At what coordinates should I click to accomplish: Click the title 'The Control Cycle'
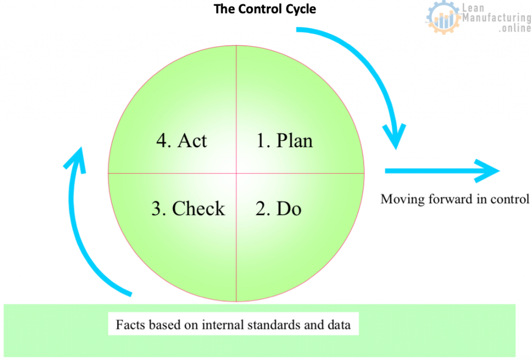[x=265, y=9]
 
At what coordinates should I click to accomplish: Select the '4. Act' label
[x=181, y=140]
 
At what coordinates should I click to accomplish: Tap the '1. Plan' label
[x=285, y=140]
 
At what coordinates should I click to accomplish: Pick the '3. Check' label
[x=188, y=208]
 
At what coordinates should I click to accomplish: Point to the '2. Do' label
[x=278, y=209]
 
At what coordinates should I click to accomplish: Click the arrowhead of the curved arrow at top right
[x=395, y=136]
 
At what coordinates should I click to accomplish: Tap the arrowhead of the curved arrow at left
[x=76, y=159]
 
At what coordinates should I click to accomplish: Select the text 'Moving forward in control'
[x=454, y=199]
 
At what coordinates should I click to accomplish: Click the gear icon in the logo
[x=443, y=18]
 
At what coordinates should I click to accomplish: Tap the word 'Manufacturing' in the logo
[x=496, y=18]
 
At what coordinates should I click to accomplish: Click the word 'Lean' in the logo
[x=473, y=7]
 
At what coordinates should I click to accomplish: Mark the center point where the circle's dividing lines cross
[x=236, y=174]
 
